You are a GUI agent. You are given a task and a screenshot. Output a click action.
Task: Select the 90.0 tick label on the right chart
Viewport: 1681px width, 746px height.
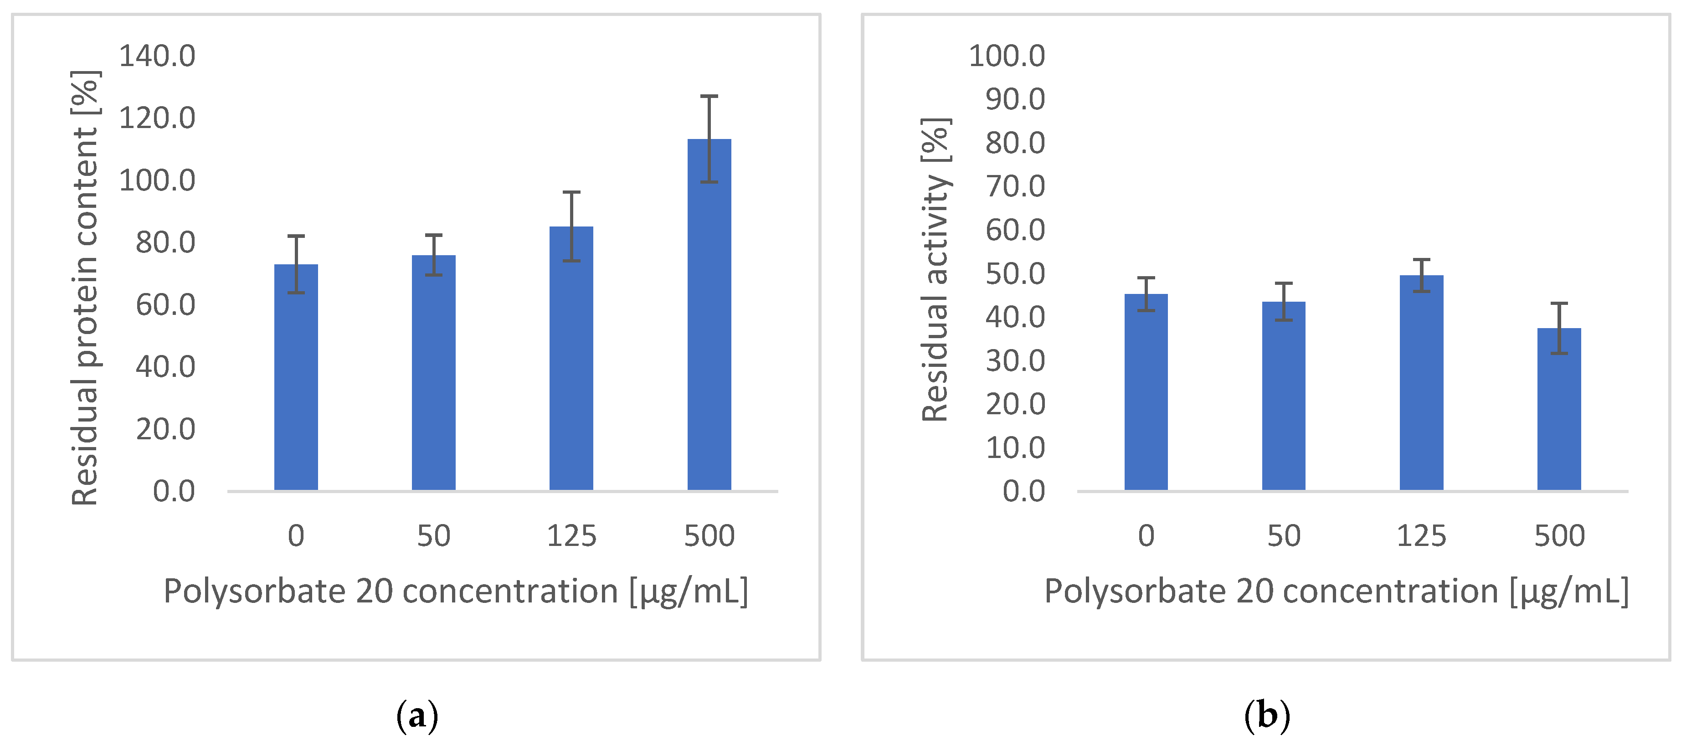[1015, 99]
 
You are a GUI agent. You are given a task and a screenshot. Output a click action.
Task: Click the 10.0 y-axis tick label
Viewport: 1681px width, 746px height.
[1015, 448]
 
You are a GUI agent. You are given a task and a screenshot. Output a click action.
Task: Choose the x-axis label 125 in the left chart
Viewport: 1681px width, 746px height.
[571, 536]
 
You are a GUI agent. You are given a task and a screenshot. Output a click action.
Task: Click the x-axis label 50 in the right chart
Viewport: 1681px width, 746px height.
[1284, 536]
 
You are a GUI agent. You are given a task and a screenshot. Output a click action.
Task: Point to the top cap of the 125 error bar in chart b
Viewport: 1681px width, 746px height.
[1421, 260]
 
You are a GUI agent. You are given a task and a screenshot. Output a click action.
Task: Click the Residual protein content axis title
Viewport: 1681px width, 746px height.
[85, 287]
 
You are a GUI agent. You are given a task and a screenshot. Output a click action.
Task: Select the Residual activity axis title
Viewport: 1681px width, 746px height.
[935, 269]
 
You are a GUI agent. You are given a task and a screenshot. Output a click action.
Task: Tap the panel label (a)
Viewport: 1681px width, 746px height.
[417, 716]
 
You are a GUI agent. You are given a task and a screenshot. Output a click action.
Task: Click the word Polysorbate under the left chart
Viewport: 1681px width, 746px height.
[254, 592]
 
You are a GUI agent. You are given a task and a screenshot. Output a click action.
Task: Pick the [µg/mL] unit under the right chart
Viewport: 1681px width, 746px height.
[1569, 592]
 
